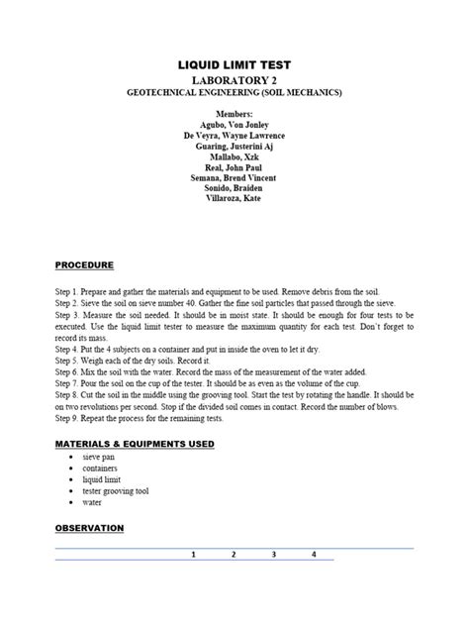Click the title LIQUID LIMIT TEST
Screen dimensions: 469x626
pyautogui.click(x=234, y=64)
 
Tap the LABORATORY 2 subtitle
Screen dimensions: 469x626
pyautogui.click(x=234, y=79)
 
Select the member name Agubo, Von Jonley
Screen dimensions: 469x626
pyautogui.click(x=234, y=125)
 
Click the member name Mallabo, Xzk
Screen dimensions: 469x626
pyautogui.click(x=234, y=156)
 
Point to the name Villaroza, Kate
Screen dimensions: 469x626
pyautogui.click(x=234, y=198)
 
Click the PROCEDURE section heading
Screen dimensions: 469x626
pyautogui.click(x=84, y=265)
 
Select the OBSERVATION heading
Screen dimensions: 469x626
pyautogui.click(x=89, y=528)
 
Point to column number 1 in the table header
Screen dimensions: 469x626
pyautogui.click(x=193, y=555)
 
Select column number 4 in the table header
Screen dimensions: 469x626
pyautogui.click(x=313, y=555)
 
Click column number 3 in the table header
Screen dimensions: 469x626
pyautogui.click(x=273, y=555)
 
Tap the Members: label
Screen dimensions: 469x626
pyautogui.click(x=234, y=114)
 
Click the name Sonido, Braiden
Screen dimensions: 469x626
pyautogui.click(x=234, y=187)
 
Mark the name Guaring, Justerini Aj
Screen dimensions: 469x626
pyautogui.click(x=234, y=146)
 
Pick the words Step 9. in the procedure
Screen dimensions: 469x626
pyautogui.click(x=70, y=419)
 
